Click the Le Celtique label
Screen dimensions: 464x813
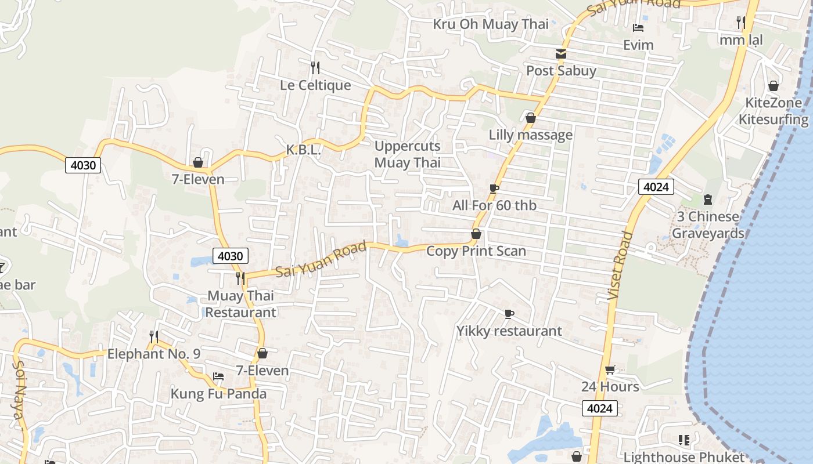click(315, 85)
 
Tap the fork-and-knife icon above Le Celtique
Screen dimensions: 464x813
click(315, 67)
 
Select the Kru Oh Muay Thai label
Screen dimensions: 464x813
click(491, 24)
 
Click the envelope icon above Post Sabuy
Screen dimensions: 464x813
click(561, 53)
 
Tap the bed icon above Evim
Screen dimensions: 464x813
click(638, 28)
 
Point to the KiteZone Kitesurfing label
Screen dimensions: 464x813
click(773, 111)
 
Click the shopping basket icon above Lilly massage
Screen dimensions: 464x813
click(530, 118)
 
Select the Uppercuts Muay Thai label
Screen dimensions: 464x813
click(407, 154)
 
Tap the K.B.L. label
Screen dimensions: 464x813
click(303, 150)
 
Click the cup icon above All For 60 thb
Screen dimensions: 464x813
click(494, 188)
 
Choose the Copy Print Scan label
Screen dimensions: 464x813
click(476, 251)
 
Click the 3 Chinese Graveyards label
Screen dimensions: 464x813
click(708, 225)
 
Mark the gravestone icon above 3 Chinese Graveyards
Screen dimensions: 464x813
click(707, 200)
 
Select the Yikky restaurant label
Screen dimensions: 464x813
click(509, 331)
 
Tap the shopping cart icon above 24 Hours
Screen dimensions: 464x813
click(610, 369)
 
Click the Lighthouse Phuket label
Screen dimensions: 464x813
click(684, 457)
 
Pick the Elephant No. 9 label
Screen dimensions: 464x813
click(154, 354)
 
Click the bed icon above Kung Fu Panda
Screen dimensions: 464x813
click(218, 376)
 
